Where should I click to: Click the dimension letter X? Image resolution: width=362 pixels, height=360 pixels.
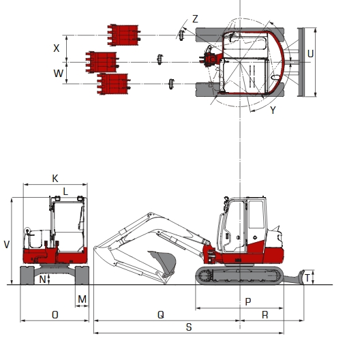[57, 48]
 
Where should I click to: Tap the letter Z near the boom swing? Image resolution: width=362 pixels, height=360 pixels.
[195, 19]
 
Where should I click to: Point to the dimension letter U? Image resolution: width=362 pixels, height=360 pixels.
[310, 53]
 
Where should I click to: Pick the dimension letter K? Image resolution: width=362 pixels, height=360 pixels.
[55, 178]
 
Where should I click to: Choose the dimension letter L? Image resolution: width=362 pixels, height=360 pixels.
[65, 190]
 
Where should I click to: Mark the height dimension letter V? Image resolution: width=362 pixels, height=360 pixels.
[7, 243]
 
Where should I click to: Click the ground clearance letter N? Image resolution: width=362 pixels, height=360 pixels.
[42, 280]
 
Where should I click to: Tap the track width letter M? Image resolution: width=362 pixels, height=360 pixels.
[82, 299]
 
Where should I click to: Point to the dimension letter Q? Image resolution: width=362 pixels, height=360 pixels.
[160, 314]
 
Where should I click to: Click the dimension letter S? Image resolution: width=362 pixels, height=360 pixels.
[188, 327]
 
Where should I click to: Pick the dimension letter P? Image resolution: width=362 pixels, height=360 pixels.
[247, 301]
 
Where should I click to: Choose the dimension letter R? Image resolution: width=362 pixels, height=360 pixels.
[265, 314]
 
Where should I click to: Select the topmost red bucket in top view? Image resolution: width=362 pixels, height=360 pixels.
[123, 35]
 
